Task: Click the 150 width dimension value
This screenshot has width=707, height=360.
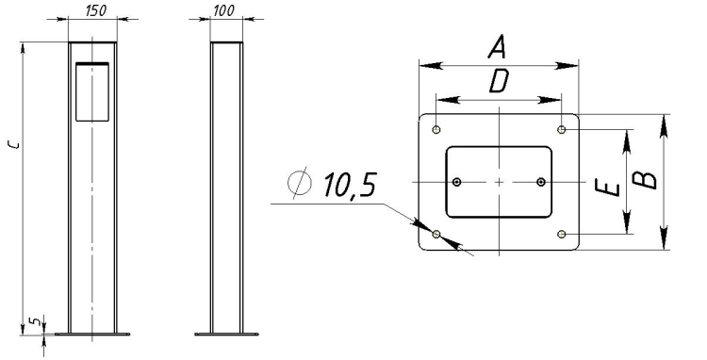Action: click(x=95, y=10)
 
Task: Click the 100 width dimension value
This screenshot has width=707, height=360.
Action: click(x=223, y=10)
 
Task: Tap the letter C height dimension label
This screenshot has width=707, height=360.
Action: click(x=15, y=144)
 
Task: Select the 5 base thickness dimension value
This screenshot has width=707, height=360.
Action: click(x=36, y=321)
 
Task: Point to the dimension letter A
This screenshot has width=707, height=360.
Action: click(x=498, y=48)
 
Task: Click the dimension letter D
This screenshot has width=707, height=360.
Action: click(x=499, y=82)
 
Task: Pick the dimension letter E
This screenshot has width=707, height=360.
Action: click(x=607, y=187)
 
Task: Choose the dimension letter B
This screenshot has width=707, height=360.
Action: click(x=644, y=179)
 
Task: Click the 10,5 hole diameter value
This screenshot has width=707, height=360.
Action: click(x=350, y=185)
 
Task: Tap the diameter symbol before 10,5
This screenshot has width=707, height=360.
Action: click(x=300, y=183)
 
